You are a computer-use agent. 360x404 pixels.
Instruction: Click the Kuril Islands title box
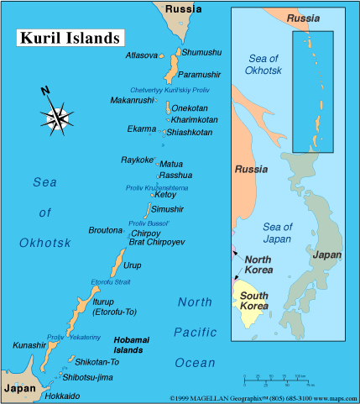coord(67,39)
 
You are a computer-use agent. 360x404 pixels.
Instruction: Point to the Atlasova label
coord(141,55)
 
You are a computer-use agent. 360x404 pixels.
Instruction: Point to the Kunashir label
coord(30,345)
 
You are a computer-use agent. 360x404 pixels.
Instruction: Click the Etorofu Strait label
coord(112,282)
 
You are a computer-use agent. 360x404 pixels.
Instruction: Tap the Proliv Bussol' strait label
coord(149,223)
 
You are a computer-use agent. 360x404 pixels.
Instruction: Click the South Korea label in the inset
coord(254,301)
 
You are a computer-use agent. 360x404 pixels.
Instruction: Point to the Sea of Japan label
coord(277,233)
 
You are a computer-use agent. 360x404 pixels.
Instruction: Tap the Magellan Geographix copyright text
coord(263,397)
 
